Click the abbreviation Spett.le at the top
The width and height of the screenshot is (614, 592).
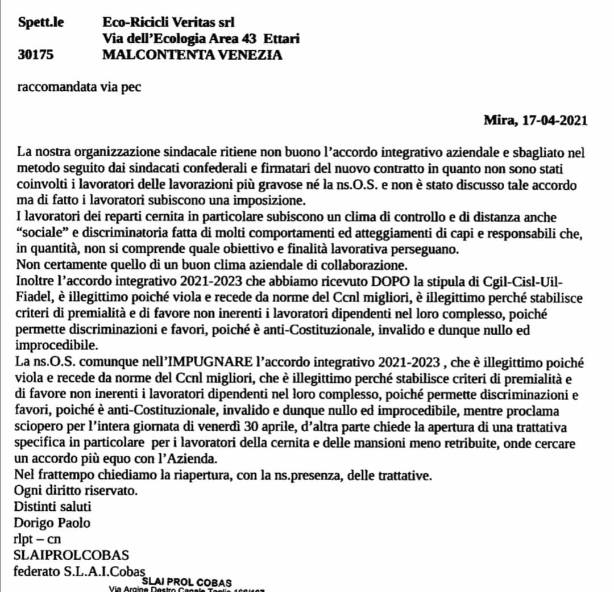pos(42,23)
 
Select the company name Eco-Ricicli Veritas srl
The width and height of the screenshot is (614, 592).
pos(168,23)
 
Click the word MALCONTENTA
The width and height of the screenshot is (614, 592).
pos(157,55)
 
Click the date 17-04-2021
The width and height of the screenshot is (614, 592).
pos(555,120)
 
